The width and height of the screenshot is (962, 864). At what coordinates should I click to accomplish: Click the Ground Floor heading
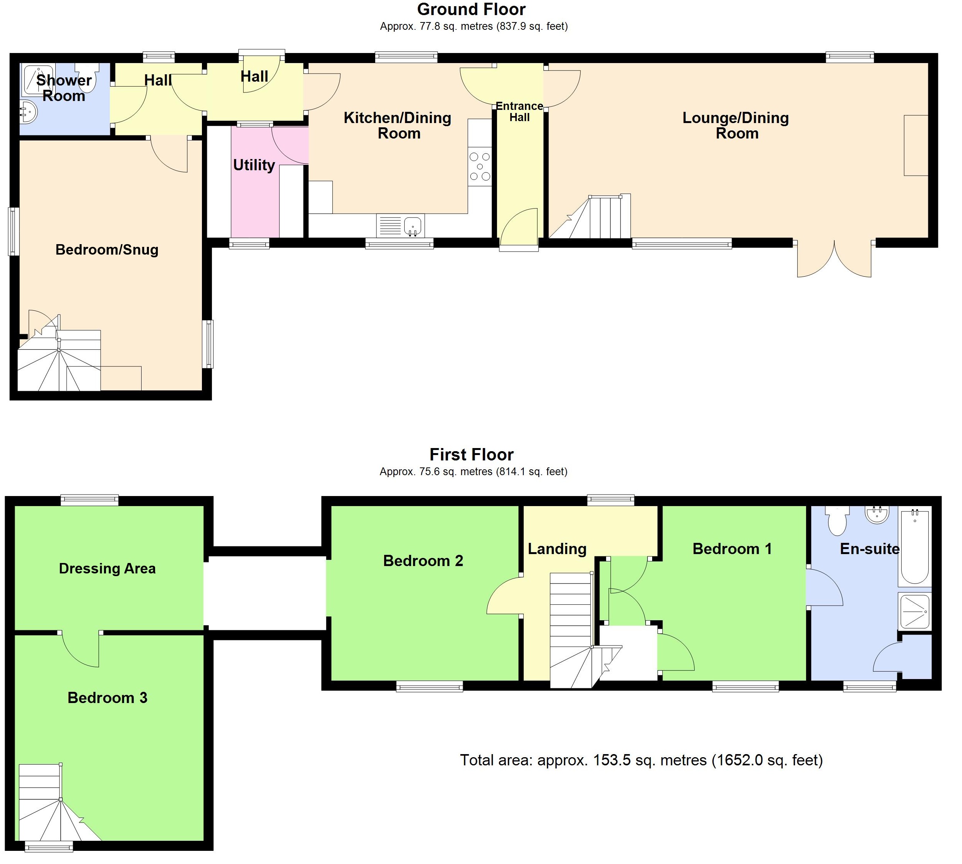point(471,10)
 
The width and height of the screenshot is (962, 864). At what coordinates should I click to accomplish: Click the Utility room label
point(254,165)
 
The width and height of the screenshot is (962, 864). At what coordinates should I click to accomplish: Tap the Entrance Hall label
point(519,111)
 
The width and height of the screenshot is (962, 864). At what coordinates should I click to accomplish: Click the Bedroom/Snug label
point(107,250)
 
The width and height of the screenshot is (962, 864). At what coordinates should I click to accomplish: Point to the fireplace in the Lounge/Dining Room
point(915,145)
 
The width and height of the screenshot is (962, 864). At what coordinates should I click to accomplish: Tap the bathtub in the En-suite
point(914,546)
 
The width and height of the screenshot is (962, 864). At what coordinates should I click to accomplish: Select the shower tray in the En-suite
point(914,611)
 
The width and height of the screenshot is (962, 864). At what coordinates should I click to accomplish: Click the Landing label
point(557,549)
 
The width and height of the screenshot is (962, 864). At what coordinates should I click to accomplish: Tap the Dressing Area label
point(107,568)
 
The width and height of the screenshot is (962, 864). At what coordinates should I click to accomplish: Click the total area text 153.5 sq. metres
point(641,760)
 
